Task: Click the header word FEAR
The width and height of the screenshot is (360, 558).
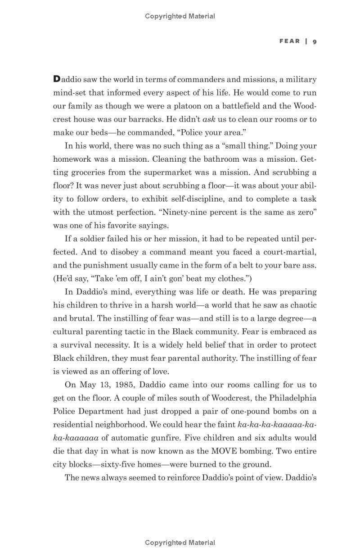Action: [x=289, y=41]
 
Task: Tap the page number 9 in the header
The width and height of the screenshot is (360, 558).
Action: [x=315, y=41]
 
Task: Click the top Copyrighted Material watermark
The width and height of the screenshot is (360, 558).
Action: [x=180, y=16]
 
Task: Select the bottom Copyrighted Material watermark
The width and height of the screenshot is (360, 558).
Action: [x=180, y=543]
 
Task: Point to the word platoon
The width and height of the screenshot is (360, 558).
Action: [x=172, y=106]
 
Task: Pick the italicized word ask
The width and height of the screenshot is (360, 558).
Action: [x=209, y=119]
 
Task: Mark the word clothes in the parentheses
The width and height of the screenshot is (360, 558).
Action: [x=229, y=278]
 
